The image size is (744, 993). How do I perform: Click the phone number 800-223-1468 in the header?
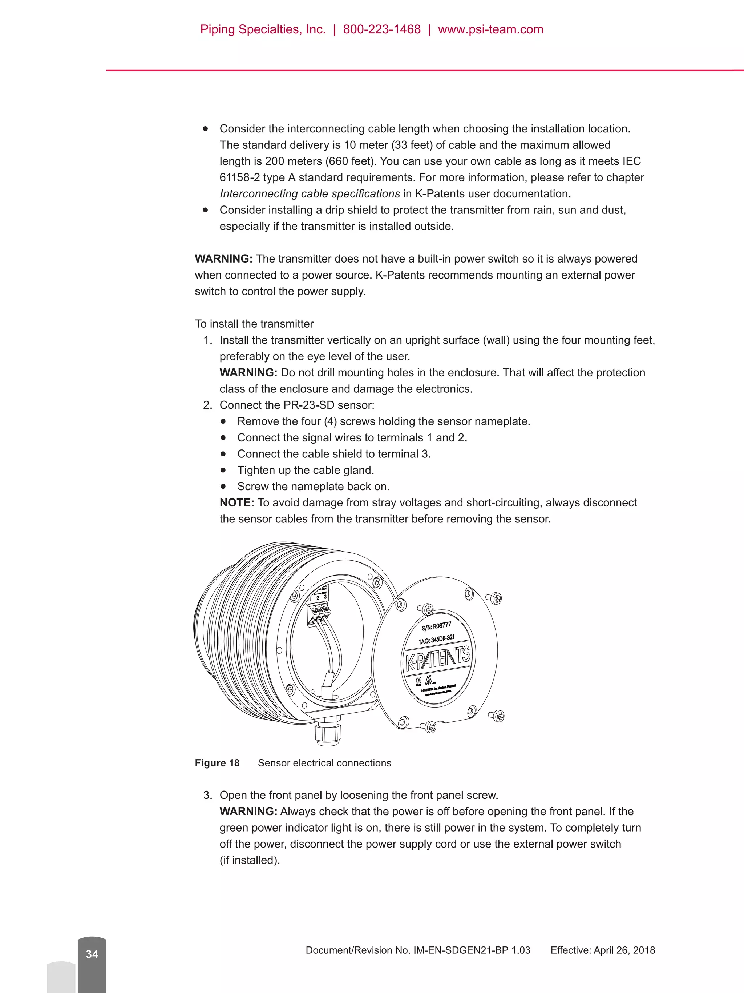[x=382, y=29]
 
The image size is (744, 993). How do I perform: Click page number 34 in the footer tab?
[x=92, y=954]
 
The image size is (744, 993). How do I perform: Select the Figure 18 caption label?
[x=217, y=763]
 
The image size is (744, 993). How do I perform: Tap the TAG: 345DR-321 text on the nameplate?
[x=436, y=639]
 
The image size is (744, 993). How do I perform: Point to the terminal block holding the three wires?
[x=317, y=613]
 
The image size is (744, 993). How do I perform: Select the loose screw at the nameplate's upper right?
[x=495, y=598]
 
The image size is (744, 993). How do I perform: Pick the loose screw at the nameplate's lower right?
[x=498, y=716]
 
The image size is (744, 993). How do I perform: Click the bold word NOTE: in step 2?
[x=237, y=503]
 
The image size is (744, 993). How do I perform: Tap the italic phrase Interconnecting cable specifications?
[x=310, y=194]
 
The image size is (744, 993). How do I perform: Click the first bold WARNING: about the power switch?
[x=223, y=259]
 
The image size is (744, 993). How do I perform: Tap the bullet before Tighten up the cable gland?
[x=223, y=470]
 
